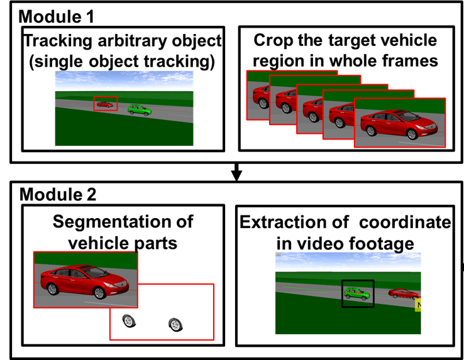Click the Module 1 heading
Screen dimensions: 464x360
point(56,16)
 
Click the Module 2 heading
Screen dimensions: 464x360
point(58,195)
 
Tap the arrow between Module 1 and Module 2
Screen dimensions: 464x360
point(236,172)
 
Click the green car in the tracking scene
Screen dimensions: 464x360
point(140,110)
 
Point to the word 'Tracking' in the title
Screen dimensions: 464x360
point(58,41)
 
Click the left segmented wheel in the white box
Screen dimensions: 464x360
point(129,321)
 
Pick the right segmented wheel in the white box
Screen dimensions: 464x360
point(175,325)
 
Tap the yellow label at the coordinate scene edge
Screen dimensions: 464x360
point(418,305)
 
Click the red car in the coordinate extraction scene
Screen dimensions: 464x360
point(404,293)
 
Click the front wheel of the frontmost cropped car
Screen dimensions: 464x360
point(412,134)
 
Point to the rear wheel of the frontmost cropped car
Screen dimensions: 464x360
point(371,131)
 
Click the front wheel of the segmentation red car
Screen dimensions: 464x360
point(99,293)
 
